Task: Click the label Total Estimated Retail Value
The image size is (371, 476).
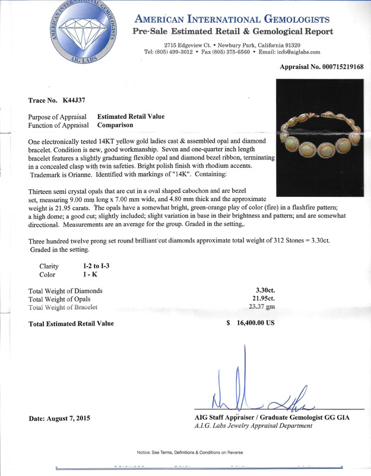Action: coord(71,324)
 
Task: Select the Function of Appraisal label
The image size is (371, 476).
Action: coord(58,125)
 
